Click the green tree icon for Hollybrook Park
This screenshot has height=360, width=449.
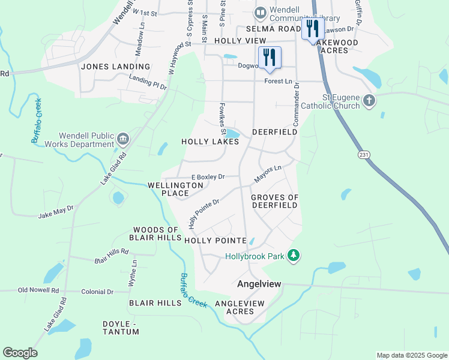[294, 256]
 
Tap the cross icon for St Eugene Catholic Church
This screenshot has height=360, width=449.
[370, 101]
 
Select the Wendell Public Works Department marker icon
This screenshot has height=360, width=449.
[122, 139]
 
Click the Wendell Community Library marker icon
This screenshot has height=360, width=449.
[261, 13]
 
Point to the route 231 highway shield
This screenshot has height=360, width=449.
[364, 154]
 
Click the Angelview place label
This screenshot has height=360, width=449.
[259, 283]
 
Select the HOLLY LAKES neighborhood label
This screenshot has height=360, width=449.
[210, 142]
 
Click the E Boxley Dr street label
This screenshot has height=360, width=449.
[207, 177]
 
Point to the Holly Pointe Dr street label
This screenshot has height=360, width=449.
[204, 214]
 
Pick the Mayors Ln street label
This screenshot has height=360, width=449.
[267, 175]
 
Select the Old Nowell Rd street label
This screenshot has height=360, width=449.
[38, 290]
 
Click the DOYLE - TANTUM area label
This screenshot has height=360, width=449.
[128, 328]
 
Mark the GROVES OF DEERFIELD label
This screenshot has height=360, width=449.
[274, 201]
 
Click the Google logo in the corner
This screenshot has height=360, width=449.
[20, 353]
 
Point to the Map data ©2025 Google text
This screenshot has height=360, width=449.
[411, 355]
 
